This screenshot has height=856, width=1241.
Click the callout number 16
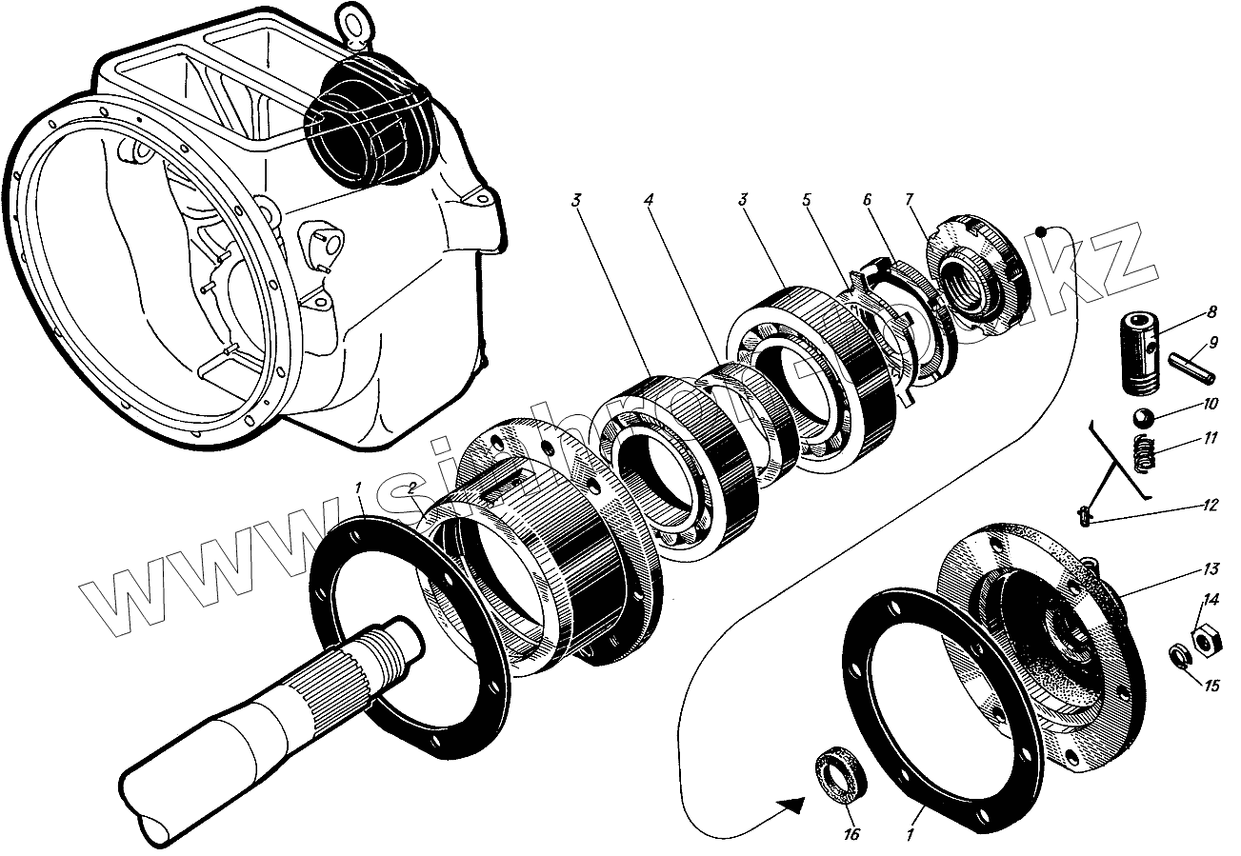[x=851, y=834]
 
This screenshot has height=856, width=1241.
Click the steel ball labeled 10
[x=1143, y=418]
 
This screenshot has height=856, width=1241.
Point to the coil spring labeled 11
[x=1144, y=450]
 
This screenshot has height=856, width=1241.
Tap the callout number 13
[x=1211, y=570]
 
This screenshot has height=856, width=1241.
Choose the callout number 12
[x=1210, y=507]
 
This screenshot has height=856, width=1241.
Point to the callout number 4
[x=648, y=201]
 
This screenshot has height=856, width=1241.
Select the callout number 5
[x=806, y=201]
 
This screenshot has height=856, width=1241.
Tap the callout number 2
[x=412, y=488]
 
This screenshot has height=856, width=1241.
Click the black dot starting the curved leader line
[x=1042, y=231]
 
